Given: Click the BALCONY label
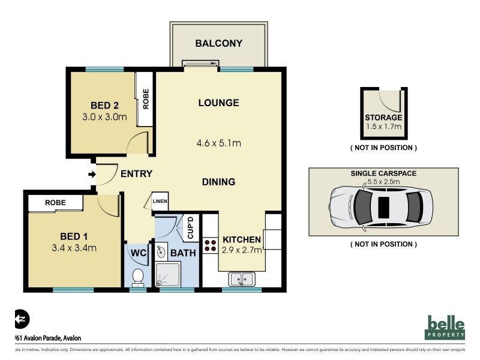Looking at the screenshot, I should pos(218,43).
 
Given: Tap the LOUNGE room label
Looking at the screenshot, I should pos(218,103).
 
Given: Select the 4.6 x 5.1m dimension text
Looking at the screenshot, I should pos(218,143).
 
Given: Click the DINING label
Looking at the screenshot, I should pos(218,182).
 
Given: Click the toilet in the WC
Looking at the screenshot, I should pos(137,277).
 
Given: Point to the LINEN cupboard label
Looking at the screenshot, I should pos(160,202).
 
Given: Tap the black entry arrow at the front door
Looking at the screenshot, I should pos(91,175).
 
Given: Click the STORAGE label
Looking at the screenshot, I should pos(383,118).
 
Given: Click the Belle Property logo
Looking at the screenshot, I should pos(446,327).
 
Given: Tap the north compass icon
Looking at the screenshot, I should pos(21,317).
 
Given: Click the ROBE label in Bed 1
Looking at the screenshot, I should pos(55,203).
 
